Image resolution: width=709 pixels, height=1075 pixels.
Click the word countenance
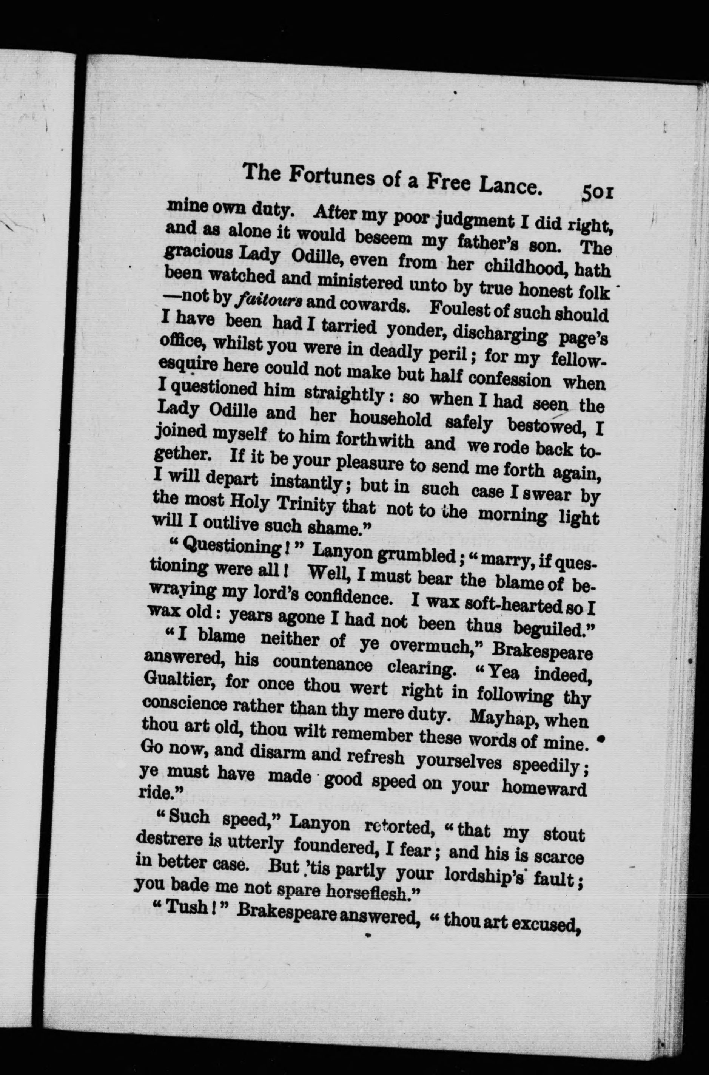[x=322, y=665]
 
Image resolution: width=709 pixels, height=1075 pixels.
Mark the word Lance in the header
[x=511, y=186]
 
